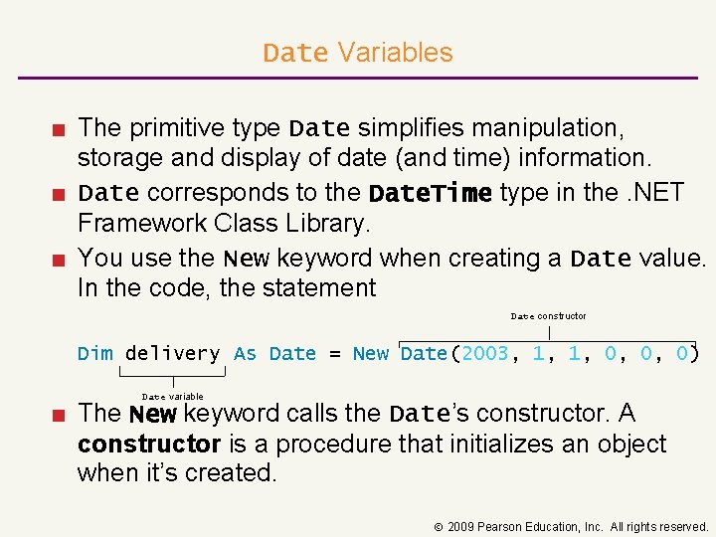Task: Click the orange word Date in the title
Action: coord(295,53)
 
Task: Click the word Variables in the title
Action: coord(395,53)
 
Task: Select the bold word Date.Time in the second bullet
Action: coord(430,193)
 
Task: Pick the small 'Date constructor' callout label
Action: coord(548,316)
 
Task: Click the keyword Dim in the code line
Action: coord(95,353)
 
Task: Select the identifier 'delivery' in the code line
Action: coord(173,353)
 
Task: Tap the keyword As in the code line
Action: coord(245,353)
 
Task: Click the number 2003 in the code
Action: coord(484,353)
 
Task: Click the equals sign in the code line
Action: coord(334,353)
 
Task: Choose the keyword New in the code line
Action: coord(371,353)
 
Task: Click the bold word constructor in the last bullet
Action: coord(148,444)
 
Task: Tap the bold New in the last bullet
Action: coord(153,414)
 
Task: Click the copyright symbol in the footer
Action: coord(437,527)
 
